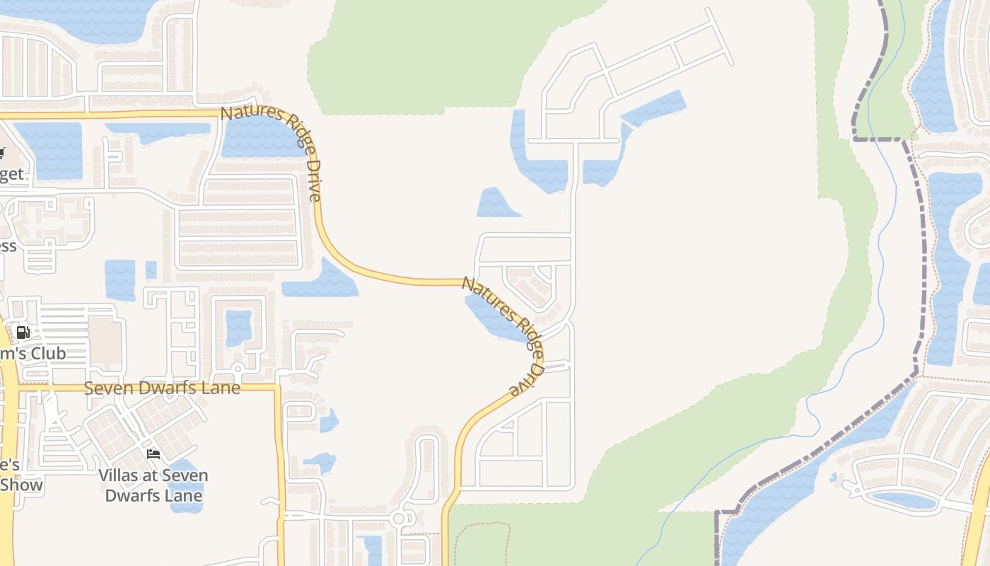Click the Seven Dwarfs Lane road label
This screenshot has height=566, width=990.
[162, 388]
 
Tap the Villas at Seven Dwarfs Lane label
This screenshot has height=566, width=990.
[153, 485]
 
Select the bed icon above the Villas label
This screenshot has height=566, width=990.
[153, 454]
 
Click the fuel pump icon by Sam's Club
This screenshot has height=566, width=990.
[23, 332]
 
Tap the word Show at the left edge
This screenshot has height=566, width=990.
[21, 485]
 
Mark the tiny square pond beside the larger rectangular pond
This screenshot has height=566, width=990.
[151, 270]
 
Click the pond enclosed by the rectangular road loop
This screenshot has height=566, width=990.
[238, 328]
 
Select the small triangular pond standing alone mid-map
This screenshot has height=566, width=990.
[496, 204]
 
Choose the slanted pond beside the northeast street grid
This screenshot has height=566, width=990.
[654, 108]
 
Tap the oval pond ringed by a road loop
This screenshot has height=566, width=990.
[904, 499]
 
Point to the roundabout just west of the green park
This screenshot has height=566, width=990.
[399, 519]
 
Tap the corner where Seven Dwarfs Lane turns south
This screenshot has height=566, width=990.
[278, 388]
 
